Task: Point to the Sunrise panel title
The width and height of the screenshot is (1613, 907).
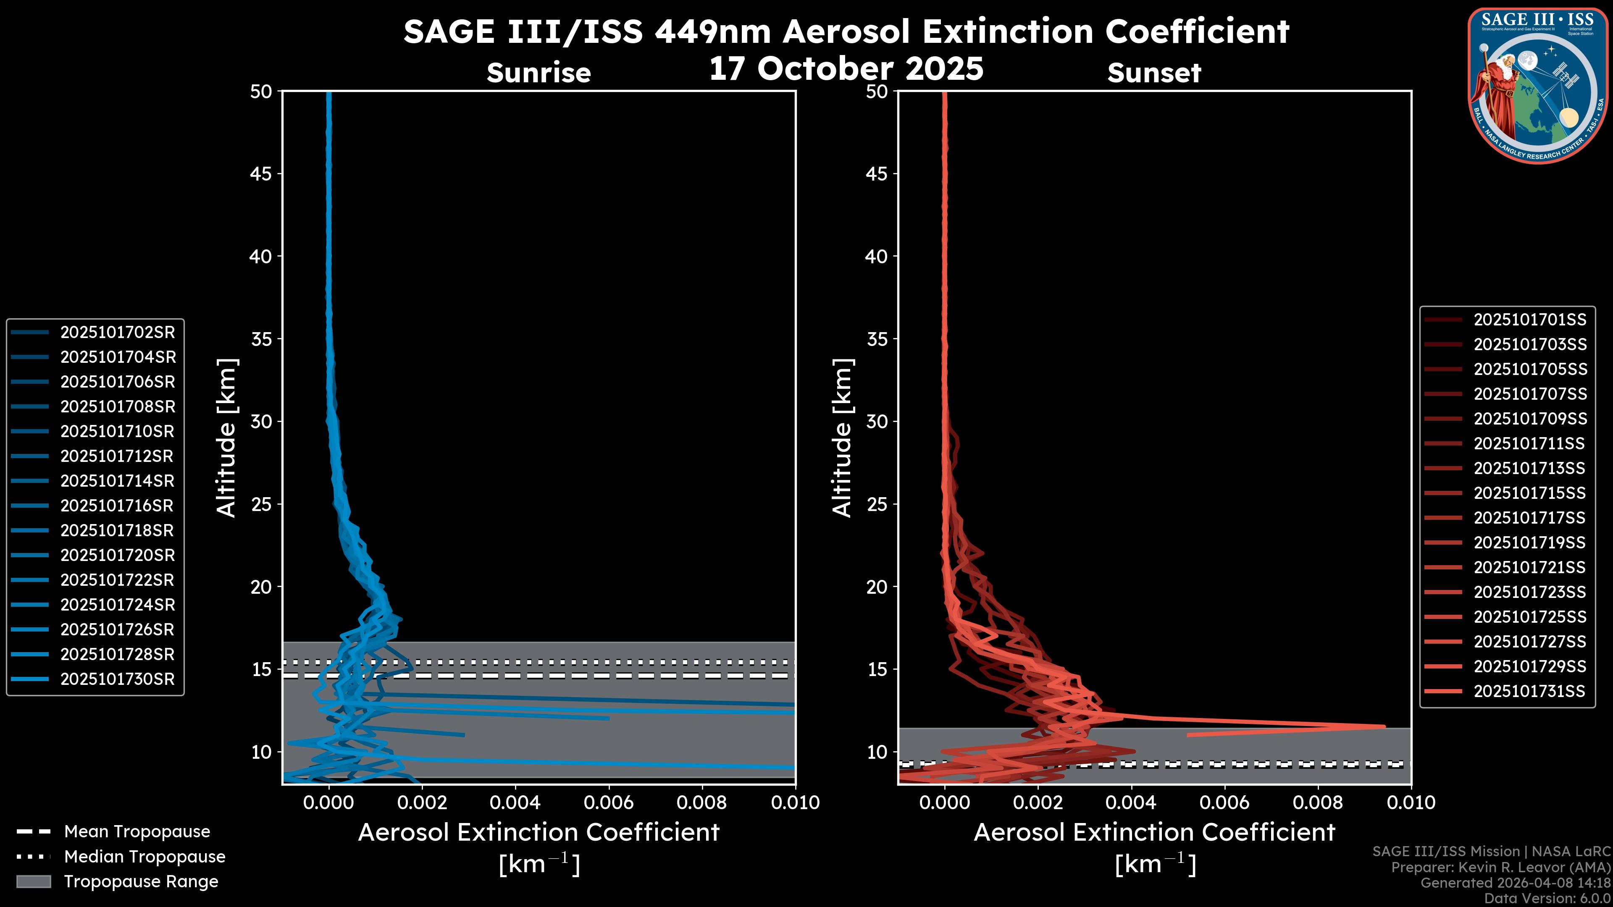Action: click(539, 73)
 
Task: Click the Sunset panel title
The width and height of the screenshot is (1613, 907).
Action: click(1154, 73)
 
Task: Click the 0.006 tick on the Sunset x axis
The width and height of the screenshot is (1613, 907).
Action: click(1225, 802)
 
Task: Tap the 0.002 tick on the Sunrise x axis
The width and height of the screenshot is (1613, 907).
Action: click(422, 802)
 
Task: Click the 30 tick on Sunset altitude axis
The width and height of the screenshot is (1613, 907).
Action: click(877, 421)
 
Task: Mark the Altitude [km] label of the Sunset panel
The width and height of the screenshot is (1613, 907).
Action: click(842, 438)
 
